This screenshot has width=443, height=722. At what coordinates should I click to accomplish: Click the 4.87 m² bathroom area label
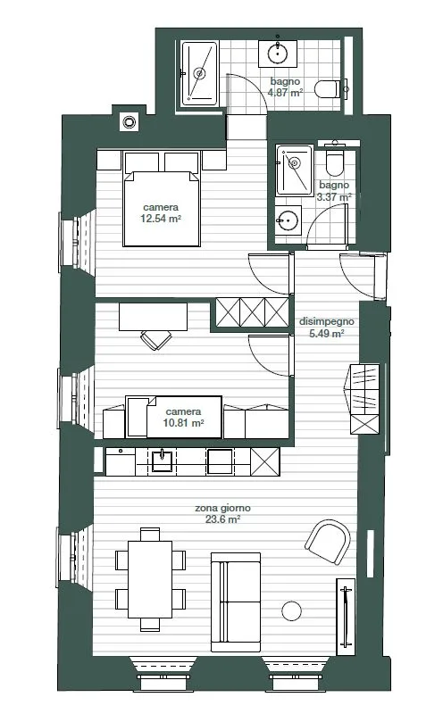click(x=285, y=87)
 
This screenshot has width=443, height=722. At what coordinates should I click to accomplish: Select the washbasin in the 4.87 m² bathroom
click(x=278, y=54)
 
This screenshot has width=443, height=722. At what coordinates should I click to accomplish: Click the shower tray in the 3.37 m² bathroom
click(x=294, y=170)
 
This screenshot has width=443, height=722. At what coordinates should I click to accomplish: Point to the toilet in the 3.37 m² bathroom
click(x=335, y=161)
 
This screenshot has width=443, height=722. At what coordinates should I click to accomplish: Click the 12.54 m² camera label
click(x=161, y=213)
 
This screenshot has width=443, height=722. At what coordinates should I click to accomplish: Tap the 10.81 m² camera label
click(x=183, y=417)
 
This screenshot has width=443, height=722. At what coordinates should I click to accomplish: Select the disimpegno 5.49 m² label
click(x=326, y=328)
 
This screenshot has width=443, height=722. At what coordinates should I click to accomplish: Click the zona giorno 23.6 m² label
click(x=222, y=514)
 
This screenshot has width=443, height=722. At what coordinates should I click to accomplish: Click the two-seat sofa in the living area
click(x=236, y=602)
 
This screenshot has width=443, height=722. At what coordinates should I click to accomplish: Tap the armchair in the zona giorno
click(x=328, y=543)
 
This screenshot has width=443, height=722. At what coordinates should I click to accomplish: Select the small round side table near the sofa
click(x=291, y=611)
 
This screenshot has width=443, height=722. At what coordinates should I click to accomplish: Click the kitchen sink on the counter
click(x=163, y=461)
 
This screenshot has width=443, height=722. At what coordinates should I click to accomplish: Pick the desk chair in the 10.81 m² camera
click(x=156, y=339)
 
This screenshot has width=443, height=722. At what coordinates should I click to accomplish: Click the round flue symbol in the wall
click(x=129, y=122)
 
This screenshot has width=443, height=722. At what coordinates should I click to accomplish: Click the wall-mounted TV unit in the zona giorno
click(x=346, y=617)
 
